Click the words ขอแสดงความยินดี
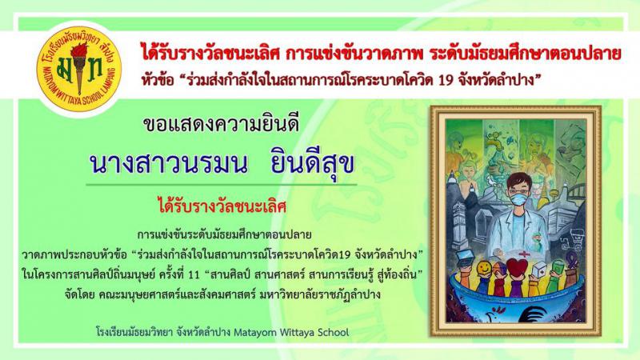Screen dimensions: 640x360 tap(222, 125)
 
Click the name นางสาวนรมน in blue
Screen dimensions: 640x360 tap(168, 164)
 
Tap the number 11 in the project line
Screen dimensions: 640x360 tap(194, 274)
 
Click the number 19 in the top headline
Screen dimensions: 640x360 tap(446, 80)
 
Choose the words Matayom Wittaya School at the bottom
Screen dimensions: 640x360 tap(291, 332)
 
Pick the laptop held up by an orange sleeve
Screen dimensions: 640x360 tap(465, 258)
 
